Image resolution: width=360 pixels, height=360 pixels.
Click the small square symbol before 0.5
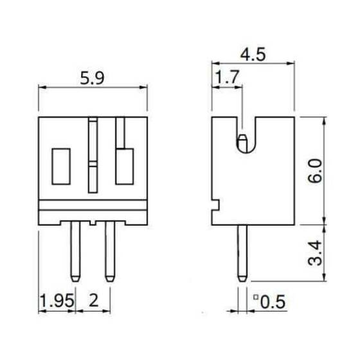[255, 297]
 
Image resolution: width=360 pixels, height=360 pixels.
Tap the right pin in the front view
[109, 251]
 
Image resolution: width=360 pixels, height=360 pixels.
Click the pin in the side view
[242, 253]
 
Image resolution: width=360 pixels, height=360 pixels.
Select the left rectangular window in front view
[61, 166]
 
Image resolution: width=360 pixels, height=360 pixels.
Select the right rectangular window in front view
[124, 166]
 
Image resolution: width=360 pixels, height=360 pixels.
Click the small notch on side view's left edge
[215, 206]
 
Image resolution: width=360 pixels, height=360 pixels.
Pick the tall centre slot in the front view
[93, 156]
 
